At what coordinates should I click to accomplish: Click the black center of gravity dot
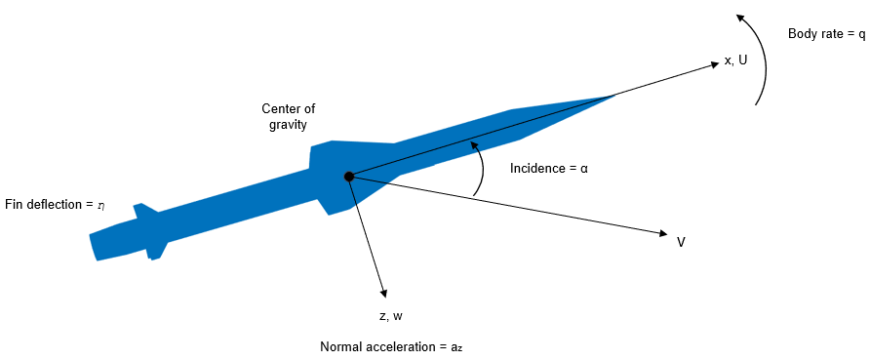348,177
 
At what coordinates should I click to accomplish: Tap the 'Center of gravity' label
288,116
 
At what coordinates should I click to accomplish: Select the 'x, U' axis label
735,60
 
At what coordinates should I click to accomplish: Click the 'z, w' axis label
391,316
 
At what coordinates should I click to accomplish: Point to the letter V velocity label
681,241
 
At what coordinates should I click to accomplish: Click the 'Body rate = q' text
826,34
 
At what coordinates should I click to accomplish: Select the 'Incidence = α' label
549,168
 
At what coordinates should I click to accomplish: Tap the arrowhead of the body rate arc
740,17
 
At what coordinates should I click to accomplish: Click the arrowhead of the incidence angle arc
475,144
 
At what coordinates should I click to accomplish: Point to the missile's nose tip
613,95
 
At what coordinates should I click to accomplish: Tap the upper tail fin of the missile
142,209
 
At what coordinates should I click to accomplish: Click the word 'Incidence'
535,168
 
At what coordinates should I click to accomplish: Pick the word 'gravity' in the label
289,125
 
